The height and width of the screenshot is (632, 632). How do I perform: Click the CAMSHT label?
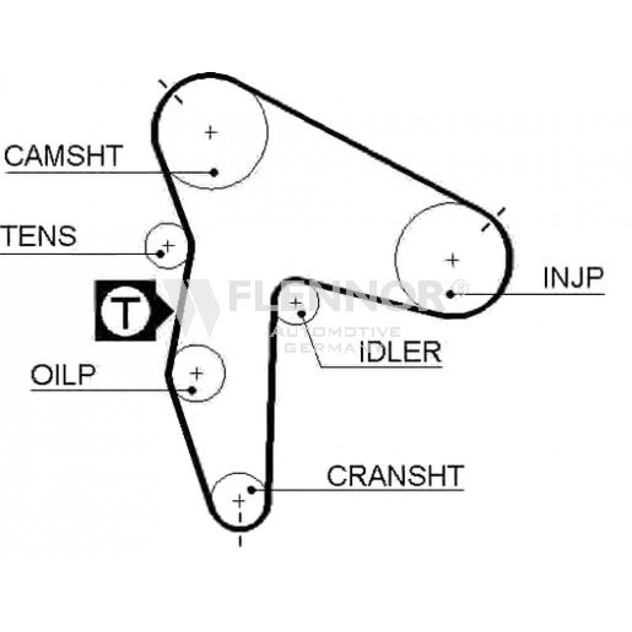coord(63,155)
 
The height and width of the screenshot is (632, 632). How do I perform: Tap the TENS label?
coord(39,236)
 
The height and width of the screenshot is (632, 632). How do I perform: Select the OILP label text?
coord(63,374)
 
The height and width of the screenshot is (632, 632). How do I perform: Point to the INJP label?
coord(573,277)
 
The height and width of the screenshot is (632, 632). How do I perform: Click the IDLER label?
coord(400,351)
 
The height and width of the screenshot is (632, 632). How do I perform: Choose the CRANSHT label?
coord(396,475)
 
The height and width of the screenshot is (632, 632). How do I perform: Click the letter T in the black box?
coord(126,313)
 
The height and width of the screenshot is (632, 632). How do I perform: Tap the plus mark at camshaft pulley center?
coord(211,132)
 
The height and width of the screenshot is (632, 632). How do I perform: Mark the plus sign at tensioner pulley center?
coord(168,245)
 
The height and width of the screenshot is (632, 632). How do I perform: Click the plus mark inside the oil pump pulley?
coord(197,374)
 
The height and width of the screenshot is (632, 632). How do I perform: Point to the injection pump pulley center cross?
coord(453,260)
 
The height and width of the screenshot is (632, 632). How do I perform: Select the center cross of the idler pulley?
coord(296,302)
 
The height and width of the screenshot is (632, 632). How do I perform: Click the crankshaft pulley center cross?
coord(239,501)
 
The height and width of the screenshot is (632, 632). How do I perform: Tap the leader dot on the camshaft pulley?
coord(214,173)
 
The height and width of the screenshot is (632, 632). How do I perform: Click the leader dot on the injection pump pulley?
coord(451,295)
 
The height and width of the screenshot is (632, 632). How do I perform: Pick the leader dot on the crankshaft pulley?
coord(251,490)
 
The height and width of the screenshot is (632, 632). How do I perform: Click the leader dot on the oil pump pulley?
coord(192,390)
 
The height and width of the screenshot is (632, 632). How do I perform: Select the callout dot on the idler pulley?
coord(301,313)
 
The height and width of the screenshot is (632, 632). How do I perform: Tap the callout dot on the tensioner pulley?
coord(160,254)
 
